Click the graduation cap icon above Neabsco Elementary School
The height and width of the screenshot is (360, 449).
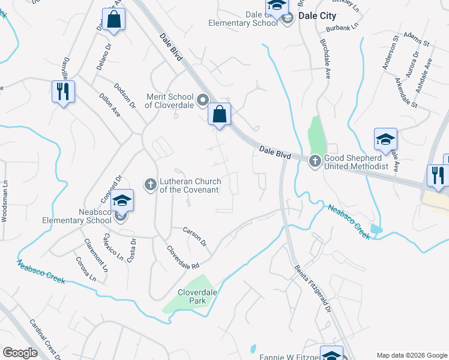pyautogui.click(x=122, y=200)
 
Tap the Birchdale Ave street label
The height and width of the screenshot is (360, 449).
pyautogui.click(x=325, y=61)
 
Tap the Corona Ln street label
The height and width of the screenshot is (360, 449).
pyautogui.click(x=85, y=269)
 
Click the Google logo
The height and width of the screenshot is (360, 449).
pyautogui.click(x=20, y=353)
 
